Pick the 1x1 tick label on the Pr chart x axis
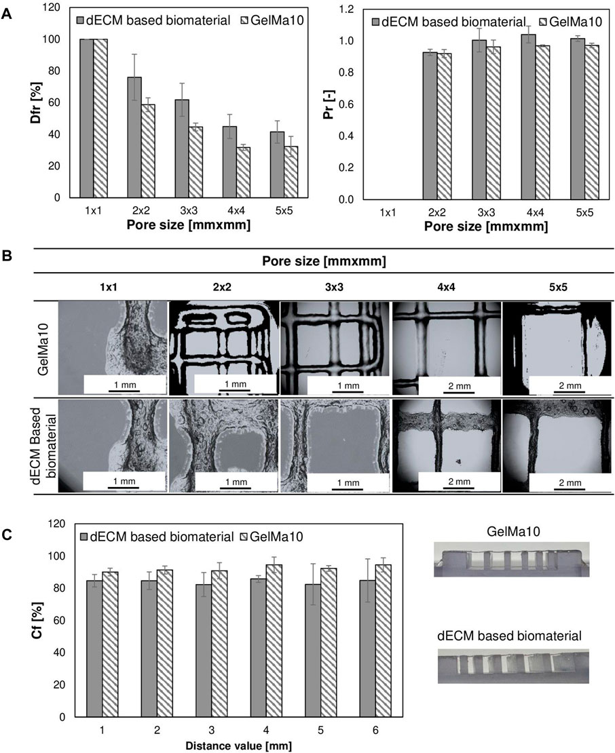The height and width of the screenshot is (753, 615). click(386, 212)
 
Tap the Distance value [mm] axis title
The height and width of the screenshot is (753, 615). click(231, 745)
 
